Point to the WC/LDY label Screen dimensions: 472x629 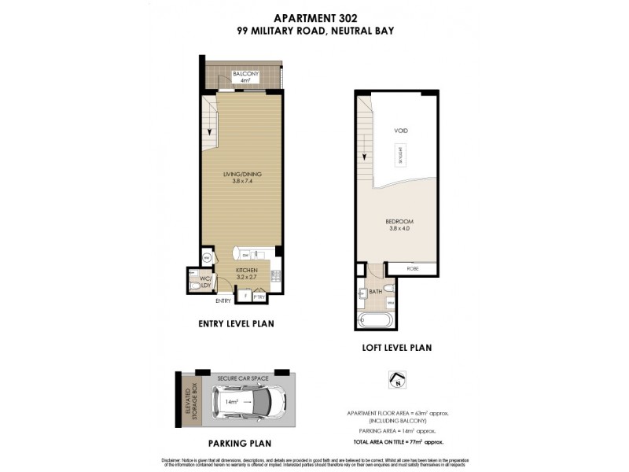click(204, 282)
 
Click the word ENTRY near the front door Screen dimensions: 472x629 click(223, 301)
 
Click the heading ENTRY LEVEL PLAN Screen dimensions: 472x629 click(240, 323)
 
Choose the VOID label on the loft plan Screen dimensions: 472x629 click(401, 130)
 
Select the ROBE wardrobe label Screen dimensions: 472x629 click(413, 269)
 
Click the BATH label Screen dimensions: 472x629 click(375, 290)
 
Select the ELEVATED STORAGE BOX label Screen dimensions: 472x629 click(190, 403)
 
